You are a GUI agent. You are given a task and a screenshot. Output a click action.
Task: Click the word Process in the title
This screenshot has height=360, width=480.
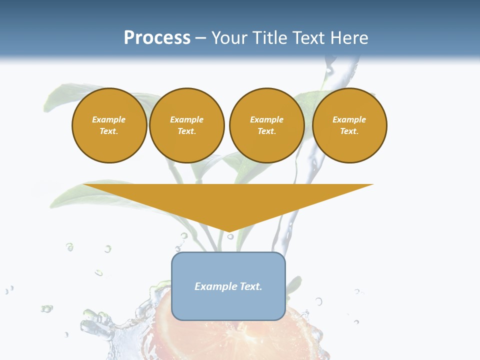[157, 38]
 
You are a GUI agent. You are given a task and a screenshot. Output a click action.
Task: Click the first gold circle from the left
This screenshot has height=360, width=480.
[109, 125]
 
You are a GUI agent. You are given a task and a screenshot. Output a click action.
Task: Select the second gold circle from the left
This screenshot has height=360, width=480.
[187, 125]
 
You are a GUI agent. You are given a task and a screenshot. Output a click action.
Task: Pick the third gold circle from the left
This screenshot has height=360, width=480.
[266, 125]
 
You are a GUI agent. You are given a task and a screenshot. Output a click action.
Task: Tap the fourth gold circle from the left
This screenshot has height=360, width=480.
[349, 125]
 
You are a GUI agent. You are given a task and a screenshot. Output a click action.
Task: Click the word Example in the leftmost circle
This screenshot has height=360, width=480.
[109, 119]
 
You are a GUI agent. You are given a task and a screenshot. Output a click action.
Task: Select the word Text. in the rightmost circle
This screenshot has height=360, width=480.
[349, 131]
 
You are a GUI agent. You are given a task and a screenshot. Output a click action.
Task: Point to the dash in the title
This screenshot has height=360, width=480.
[201, 38]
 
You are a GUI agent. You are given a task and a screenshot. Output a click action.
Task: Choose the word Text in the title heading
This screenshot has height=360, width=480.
[308, 38]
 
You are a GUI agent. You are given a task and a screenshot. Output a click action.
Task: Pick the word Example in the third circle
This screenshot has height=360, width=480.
[266, 119]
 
